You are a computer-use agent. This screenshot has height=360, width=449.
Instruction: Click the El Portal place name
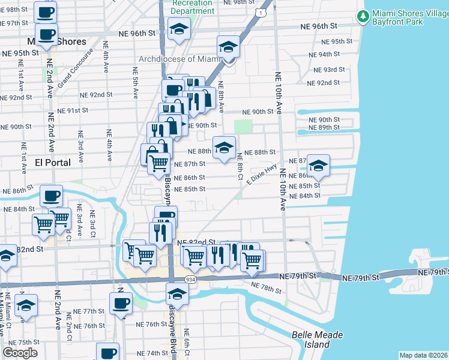[x=53, y=162]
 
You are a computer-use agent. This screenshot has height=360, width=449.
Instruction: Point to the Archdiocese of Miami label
[x=180, y=59]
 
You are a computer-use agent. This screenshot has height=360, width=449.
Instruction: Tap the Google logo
[x=20, y=352]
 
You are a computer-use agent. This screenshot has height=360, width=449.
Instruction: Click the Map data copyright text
[x=423, y=355]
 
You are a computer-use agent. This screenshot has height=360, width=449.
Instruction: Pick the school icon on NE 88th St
[x=224, y=147]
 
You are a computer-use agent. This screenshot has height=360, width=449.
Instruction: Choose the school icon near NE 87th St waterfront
[x=318, y=165]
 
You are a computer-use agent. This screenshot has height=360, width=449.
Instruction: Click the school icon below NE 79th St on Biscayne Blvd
[x=177, y=295]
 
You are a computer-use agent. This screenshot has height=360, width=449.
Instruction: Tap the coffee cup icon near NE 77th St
[x=121, y=303]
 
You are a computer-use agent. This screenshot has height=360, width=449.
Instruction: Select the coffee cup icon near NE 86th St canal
[x=51, y=196]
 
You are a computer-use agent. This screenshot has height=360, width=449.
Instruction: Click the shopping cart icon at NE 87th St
[x=159, y=163]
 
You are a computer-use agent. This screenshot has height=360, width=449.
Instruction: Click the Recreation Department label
[x=192, y=7]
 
